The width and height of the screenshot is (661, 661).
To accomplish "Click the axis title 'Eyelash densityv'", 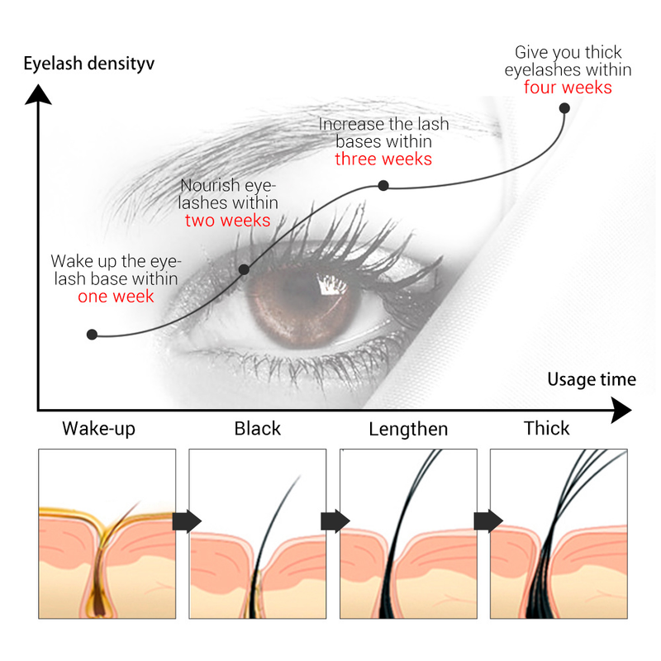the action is coord(89,64).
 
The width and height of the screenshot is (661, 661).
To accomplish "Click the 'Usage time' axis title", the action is coord(592,379).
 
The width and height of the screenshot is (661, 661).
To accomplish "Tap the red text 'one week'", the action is coord(116,297).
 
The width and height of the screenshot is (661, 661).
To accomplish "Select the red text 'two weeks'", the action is coord(228,221).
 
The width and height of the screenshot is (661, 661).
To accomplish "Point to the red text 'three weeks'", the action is coord(383,159).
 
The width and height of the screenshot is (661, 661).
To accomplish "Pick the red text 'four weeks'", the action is coord(568,88).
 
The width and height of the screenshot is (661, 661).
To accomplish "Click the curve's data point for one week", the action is coord(92,335).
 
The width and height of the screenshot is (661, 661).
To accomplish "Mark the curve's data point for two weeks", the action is coord(244,269).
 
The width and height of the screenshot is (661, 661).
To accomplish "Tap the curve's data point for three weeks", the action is coord(383,185).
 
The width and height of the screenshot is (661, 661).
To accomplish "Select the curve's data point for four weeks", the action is coord(564,108).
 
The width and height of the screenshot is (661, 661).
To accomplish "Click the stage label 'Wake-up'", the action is coord(98,429).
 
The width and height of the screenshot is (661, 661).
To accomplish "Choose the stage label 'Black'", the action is coord(258,429).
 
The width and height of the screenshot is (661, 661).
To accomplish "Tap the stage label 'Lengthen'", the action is coord(408,430).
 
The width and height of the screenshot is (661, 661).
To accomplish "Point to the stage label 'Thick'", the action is coord(547,428).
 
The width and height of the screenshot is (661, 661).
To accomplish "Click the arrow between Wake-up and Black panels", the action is coord(187,521).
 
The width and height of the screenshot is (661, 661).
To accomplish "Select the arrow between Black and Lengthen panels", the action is coord(335,521).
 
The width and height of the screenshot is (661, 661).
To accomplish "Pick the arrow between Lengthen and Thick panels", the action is coord(488,521).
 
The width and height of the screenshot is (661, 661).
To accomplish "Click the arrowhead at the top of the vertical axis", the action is coord(38,94).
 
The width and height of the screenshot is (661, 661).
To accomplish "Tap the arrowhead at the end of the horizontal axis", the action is coord(621,410).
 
